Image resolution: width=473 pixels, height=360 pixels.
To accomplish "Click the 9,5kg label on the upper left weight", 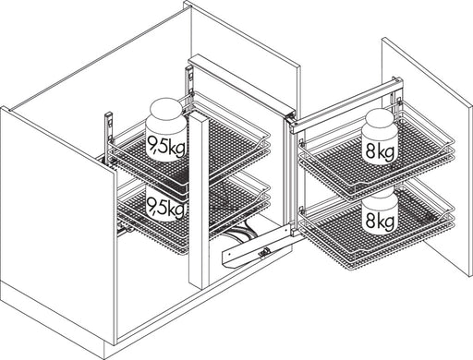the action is coord(166,146).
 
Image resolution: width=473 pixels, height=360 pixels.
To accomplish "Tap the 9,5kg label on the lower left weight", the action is coord(166,207).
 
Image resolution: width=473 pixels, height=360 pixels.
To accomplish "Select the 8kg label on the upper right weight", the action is coord(381,151).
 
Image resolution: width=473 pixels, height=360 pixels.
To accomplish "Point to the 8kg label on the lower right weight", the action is coord(381,221).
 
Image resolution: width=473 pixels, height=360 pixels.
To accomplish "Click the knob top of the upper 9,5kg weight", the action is coord(166,107).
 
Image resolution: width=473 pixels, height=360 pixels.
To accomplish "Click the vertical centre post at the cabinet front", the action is coord(200,200).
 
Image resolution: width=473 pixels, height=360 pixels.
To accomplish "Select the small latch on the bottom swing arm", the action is coord(264,252).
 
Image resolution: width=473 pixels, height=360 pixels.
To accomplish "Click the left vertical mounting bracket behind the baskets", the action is coord(108,136).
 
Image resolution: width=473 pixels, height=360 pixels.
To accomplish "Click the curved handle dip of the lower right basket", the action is coord(450,212).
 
